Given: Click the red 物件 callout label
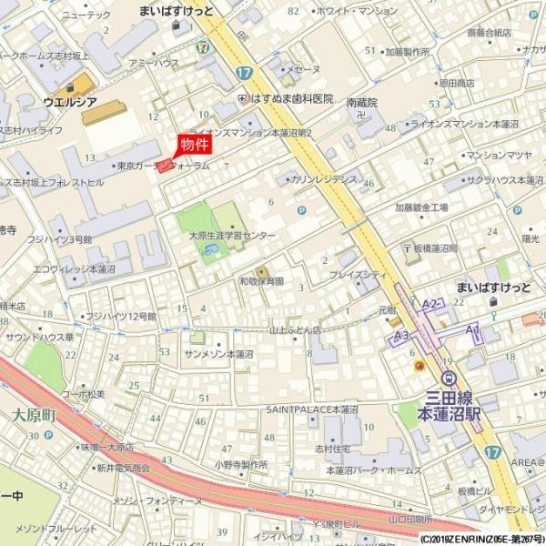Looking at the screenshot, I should [193, 145].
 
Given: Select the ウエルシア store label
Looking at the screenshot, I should [69, 103].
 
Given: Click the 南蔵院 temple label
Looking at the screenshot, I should [362, 104].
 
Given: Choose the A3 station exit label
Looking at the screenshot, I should [399, 336].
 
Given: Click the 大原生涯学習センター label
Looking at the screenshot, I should [232, 235].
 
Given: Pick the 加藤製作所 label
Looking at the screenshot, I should [407, 52].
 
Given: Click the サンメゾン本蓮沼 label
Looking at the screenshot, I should [218, 353].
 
